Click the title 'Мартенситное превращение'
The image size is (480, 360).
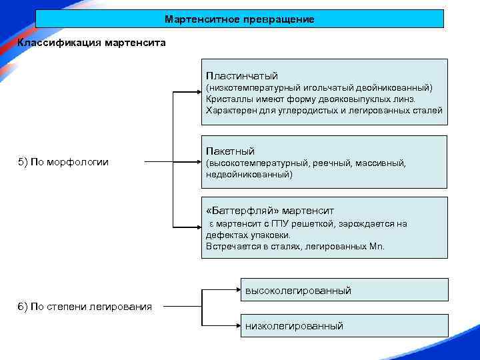[239, 19]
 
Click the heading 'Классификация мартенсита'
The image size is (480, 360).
[91, 43]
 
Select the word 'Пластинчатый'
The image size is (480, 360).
[242, 75]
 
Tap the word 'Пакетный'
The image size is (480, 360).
[231, 151]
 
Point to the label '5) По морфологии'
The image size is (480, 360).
[64, 162]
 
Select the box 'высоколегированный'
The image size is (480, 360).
[298, 291]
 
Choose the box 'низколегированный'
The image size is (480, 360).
[294, 326]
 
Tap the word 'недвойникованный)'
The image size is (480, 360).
[249, 174]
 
